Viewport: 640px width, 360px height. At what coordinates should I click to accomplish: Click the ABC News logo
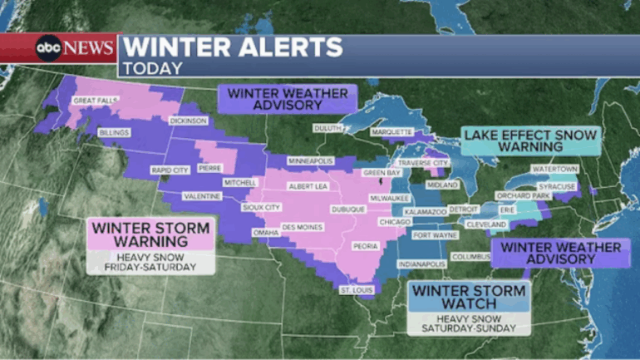point(73,48)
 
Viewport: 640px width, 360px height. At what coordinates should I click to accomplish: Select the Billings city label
point(114,133)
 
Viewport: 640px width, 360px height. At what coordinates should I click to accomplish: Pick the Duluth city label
point(328,128)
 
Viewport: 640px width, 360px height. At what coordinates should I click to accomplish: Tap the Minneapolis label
point(310,160)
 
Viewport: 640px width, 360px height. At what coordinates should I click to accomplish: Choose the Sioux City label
point(261,207)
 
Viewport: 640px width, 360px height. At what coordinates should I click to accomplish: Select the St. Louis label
point(358,290)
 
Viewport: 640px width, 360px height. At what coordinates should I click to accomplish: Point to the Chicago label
point(395,223)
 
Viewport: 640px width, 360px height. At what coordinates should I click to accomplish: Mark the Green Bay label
point(382,172)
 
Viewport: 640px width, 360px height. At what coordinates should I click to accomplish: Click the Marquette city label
point(392,131)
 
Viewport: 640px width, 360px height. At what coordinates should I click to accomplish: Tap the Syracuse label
point(556,186)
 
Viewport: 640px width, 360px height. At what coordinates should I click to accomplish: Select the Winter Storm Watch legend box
point(469,298)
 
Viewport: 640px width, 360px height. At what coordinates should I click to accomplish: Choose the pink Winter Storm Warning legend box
point(151,234)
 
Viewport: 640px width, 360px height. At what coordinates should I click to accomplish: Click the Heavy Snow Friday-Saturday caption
point(151,262)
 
